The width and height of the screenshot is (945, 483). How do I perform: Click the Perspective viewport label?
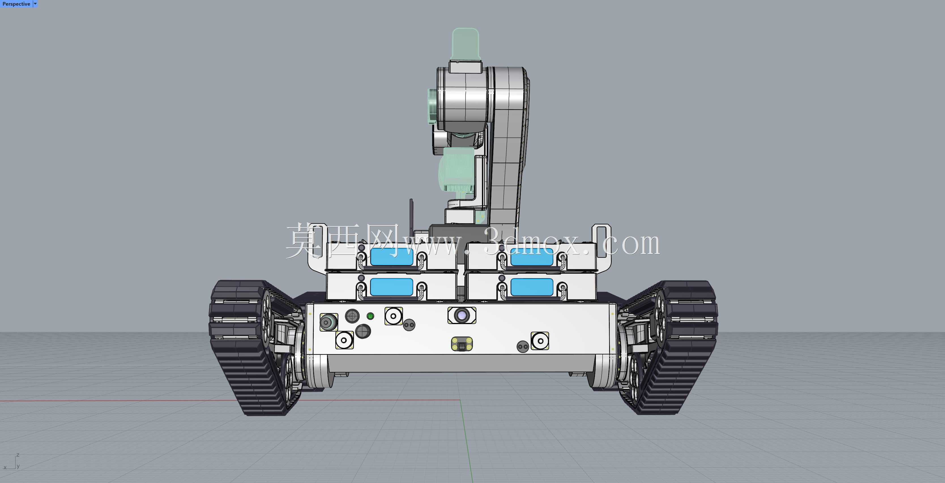(x=16, y=4)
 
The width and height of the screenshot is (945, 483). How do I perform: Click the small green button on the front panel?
(x=370, y=316)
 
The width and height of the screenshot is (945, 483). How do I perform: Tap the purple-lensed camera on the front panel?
(x=462, y=315)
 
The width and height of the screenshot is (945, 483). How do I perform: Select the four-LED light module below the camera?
(x=462, y=344)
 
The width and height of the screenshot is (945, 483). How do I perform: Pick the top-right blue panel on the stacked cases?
(x=532, y=257)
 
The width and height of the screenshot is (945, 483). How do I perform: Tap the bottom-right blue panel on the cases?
(x=532, y=287)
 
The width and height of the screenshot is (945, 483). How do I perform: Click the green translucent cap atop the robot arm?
(x=466, y=44)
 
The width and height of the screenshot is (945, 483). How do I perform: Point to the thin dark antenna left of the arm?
(x=411, y=216)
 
